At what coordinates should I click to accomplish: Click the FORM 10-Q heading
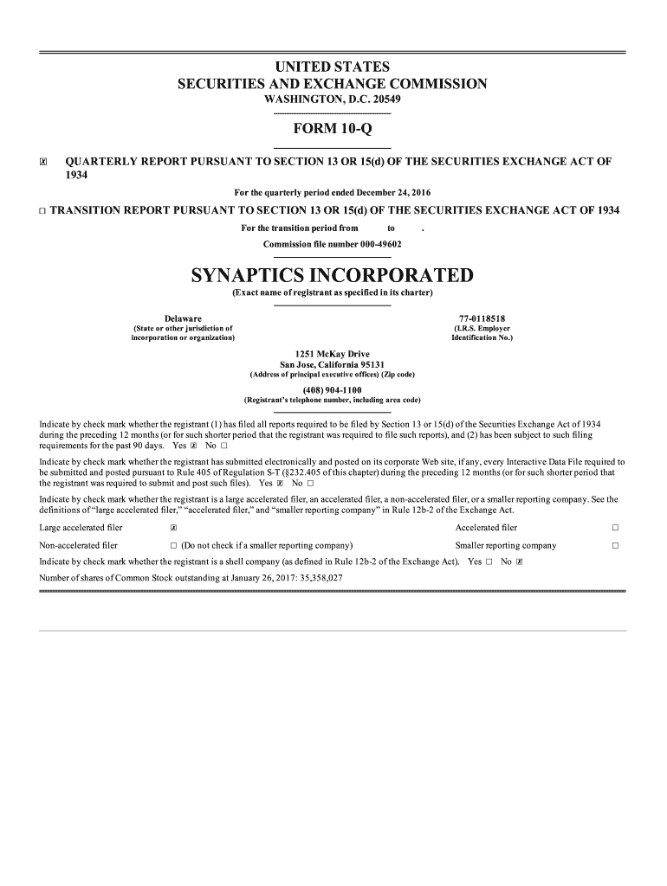pyautogui.click(x=332, y=130)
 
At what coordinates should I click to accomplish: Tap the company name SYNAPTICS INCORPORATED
pyautogui.click(x=332, y=276)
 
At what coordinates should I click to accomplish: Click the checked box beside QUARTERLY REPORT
pyautogui.click(x=42, y=162)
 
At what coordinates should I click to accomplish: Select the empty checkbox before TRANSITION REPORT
pyautogui.click(x=42, y=211)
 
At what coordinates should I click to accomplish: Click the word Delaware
pyautogui.click(x=183, y=319)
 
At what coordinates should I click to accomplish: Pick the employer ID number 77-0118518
pyautogui.click(x=482, y=319)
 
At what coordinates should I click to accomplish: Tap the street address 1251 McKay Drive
pyautogui.click(x=332, y=355)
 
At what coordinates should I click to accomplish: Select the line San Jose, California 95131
pyautogui.click(x=332, y=365)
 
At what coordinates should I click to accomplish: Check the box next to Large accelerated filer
pyautogui.click(x=174, y=528)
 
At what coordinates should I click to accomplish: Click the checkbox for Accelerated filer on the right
pyautogui.click(x=615, y=528)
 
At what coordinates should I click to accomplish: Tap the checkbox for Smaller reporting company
pyautogui.click(x=615, y=546)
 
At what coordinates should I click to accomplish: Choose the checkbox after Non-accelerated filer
pyautogui.click(x=174, y=546)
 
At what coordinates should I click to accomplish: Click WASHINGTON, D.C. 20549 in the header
pyautogui.click(x=332, y=100)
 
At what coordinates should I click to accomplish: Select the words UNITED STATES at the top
pyautogui.click(x=332, y=67)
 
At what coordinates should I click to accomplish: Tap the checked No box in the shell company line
pyautogui.click(x=519, y=562)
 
